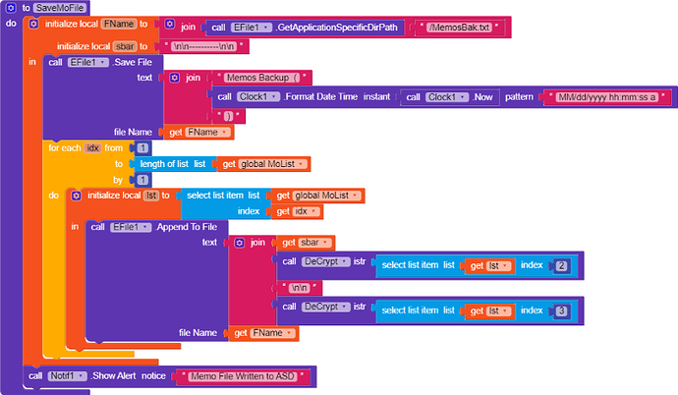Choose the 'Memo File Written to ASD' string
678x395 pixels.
pyautogui.click(x=240, y=376)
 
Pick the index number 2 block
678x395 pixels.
pyautogui.click(x=561, y=265)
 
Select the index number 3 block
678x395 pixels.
pyautogui.click(x=561, y=310)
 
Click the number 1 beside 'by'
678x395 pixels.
pyautogui.click(x=143, y=180)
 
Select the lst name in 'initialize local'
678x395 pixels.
pyautogui.click(x=151, y=196)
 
